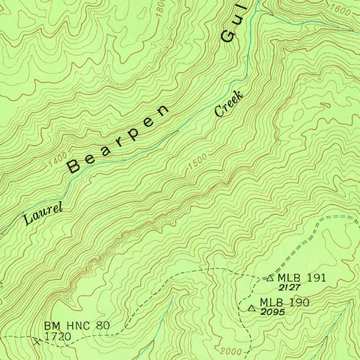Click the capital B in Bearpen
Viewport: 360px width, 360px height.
pos(74,166)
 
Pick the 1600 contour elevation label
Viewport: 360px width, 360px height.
pos(340,11)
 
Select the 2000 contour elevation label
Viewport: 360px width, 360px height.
pos(231,351)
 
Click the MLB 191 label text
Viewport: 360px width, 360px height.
pos(302,278)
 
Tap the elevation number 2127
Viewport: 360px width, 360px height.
pos(289,288)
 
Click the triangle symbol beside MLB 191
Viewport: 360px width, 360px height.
pos(270,278)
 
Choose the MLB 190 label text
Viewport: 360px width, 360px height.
pos(284,302)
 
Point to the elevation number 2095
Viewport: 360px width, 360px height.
pos(272,311)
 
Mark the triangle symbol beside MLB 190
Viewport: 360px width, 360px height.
pos(252,309)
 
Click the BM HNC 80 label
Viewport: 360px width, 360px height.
pos(77,326)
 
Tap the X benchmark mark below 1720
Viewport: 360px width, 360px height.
pos(38,341)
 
